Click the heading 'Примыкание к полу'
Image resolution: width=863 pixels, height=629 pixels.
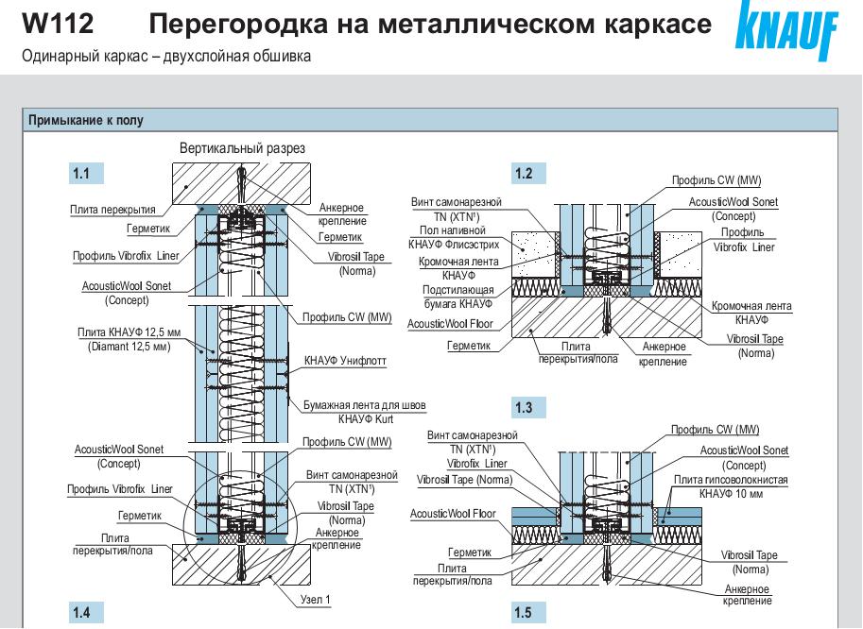click(86, 120)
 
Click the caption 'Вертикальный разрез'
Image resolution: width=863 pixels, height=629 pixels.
click(242, 148)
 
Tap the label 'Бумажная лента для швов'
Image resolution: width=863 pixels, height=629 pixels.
click(364, 405)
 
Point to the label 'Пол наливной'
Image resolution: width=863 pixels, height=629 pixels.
click(453, 229)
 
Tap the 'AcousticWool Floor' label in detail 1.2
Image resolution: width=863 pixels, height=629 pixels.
click(449, 324)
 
